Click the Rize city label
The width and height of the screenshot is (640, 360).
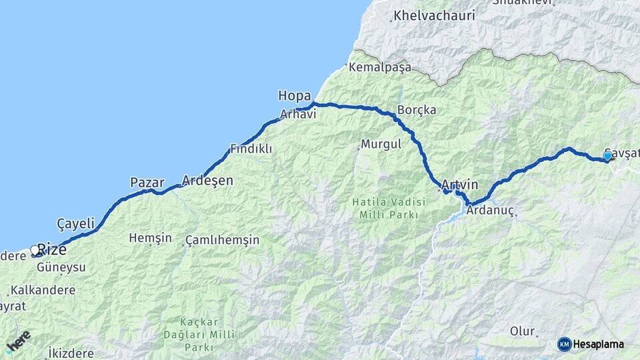51,250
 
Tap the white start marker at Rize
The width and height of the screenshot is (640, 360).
35,251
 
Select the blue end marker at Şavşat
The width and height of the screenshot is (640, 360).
607,156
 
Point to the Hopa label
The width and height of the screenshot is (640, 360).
294,96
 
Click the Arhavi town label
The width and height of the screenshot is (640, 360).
297,114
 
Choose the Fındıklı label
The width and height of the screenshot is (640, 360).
251,149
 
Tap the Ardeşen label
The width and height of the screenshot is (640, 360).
207,181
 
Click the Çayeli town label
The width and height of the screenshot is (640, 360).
76,224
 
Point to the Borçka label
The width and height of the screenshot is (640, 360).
416,110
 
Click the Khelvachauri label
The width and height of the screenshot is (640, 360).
434,15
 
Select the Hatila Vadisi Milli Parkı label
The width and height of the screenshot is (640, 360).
388,208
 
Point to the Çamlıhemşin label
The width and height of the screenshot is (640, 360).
222,239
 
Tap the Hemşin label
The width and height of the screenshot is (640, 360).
150,238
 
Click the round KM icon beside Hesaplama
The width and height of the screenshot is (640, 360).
564,344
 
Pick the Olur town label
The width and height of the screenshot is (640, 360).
523,331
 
